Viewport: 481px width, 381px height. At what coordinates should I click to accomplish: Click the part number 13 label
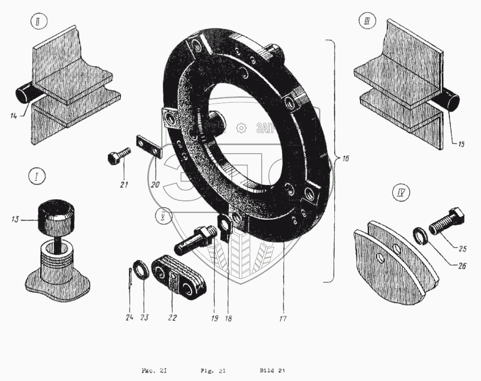14,220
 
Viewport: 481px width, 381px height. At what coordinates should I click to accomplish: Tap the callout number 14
13,116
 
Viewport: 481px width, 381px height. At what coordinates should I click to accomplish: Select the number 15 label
460,144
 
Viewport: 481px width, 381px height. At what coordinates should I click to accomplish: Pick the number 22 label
172,317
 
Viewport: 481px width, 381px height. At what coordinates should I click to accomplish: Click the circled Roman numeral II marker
37,22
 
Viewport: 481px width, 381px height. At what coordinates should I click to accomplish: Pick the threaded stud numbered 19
195,239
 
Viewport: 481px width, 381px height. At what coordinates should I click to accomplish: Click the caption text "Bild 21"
273,371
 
